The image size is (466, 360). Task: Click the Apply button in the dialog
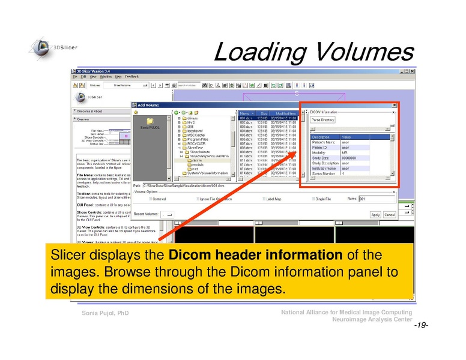click(x=375, y=214)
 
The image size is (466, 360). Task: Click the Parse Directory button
click(x=323, y=120)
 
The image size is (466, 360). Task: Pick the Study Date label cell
click(x=320, y=158)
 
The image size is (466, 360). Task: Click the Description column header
click(x=321, y=137)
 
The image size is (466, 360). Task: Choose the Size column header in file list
click(x=264, y=113)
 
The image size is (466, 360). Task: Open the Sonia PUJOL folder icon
click(x=150, y=121)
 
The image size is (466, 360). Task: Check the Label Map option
click(x=263, y=199)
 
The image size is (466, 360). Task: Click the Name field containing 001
click(x=375, y=199)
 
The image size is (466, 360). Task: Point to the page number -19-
click(x=420, y=325)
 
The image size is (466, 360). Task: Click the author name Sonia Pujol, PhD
click(x=106, y=314)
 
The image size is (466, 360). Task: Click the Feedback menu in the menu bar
click(x=132, y=77)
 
